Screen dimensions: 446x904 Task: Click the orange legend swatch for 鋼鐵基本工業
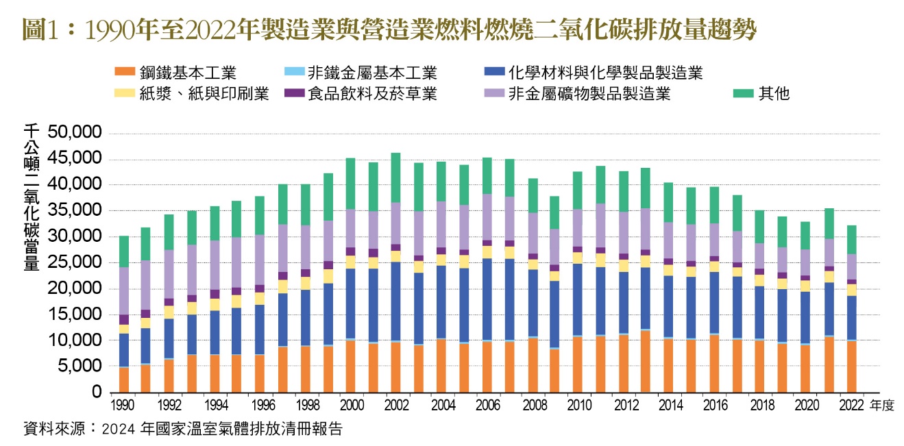tap(124, 73)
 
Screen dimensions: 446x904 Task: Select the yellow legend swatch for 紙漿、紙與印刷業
tap(124, 93)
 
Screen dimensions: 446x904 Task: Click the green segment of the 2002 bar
tap(395, 177)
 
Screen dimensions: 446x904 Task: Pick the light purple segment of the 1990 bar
tap(125, 290)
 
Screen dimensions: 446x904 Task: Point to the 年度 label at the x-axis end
tap(882, 406)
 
